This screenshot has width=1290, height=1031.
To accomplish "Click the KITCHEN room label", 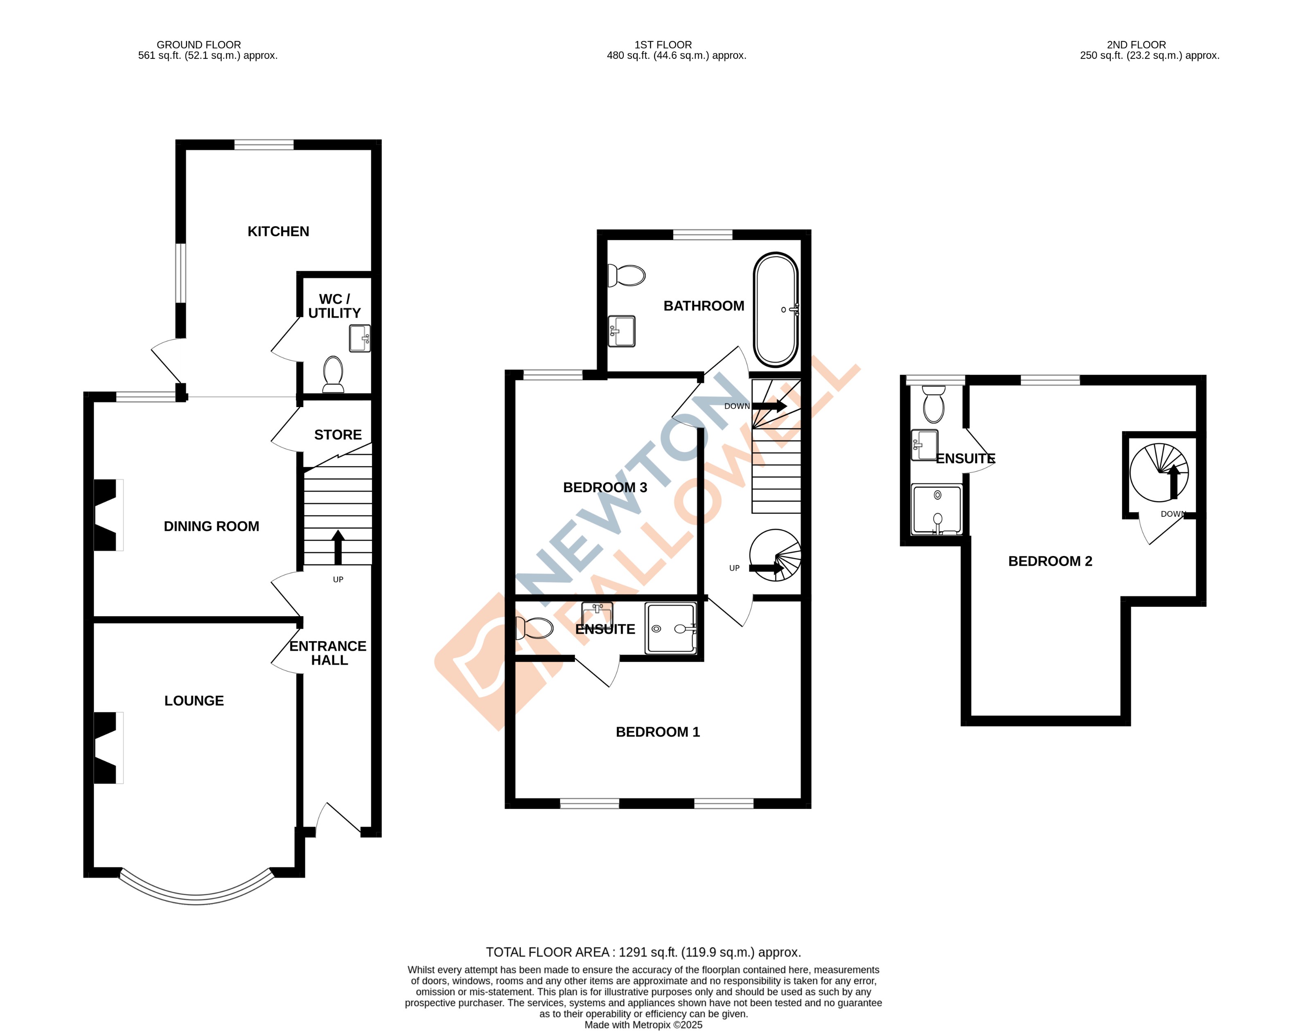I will click(x=278, y=232).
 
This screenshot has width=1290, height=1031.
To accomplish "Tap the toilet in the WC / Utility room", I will click(x=333, y=374).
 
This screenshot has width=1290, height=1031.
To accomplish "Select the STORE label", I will click(x=338, y=435).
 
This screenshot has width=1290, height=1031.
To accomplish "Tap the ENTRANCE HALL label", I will click(x=328, y=653).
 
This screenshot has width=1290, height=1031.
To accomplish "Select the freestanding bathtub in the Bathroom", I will click(x=776, y=310).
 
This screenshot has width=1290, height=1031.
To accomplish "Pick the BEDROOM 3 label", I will click(x=605, y=487).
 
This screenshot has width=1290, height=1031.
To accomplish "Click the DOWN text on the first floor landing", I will click(x=737, y=406).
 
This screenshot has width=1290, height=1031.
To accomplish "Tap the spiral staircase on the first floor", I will click(x=776, y=555).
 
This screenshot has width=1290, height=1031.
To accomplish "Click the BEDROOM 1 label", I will click(x=658, y=732).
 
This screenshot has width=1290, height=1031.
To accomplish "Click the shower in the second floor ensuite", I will click(x=936, y=509).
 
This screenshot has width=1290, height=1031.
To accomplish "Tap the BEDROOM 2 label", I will click(x=1050, y=561).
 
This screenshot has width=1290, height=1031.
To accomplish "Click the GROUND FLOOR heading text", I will click(x=198, y=45).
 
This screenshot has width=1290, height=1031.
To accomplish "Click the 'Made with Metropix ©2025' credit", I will click(x=643, y=1024).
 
